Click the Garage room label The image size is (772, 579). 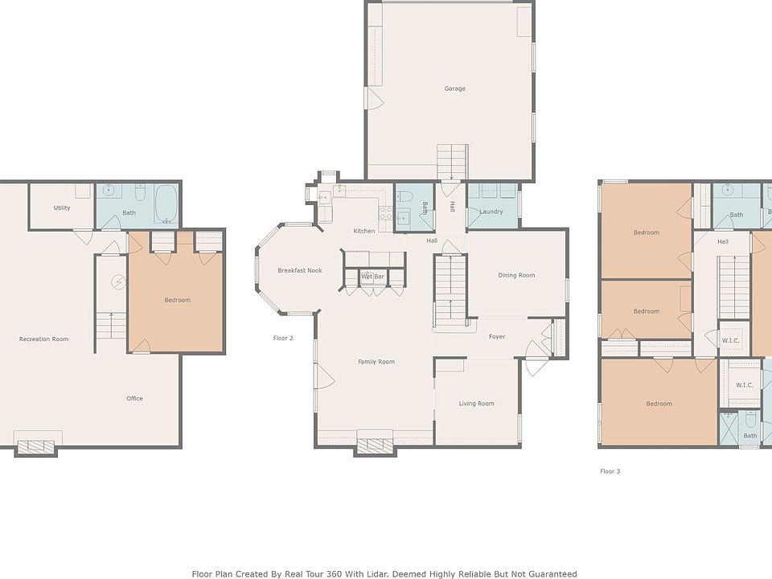click(x=454, y=88)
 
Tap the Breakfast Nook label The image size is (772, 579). click(x=300, y=270)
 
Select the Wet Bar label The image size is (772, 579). click(x=372, y=276)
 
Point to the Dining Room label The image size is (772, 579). click(x=516, y=275)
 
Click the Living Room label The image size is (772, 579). click(x=477, y=404)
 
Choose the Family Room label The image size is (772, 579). click(x=376, y=362)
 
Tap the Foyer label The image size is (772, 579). click(x=497, y=337)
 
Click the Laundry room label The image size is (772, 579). click(x=491, y=211)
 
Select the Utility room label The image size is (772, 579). click(x=62, y=207)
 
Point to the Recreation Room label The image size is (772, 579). click(x=43, y=339)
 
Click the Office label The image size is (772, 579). click(x=134, y=398)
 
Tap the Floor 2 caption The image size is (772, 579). click(x=283, y=338)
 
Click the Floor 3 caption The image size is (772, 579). click(x=610, y=471)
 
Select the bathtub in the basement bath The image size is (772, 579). click(x=166, y=203)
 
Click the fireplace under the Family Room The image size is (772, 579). click(x=376, y=446)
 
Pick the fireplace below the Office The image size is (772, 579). click(x=36, y=446)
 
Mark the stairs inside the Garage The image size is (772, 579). click(x=453, y=162)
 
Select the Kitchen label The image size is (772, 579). click(x=364, y=231)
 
